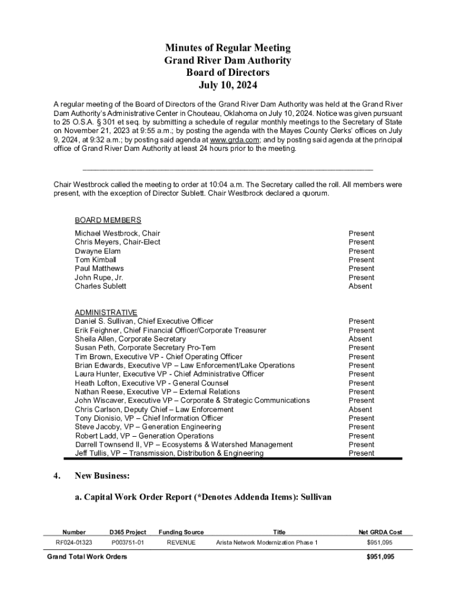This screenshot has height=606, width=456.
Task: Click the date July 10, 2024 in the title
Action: tap(228, 85)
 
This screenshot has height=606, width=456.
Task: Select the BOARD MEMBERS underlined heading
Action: tap(108, 220)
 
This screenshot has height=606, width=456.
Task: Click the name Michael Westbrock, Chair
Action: tap(117, 234)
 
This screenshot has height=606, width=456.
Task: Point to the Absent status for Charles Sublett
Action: tap(360, 286)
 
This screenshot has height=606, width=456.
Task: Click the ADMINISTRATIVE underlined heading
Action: tap(106, 312)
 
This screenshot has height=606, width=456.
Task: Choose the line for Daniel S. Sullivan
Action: tap(144, 321)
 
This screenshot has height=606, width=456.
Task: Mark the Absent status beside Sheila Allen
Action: tap(360, 339)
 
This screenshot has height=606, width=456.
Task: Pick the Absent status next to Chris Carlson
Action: tap(360, 410)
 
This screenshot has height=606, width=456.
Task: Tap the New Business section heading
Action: tap(102, 476)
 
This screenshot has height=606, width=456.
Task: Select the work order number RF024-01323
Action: tap(74, 543)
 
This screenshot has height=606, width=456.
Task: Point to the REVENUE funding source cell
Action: tap(181, 543)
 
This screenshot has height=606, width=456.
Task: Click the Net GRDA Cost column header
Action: tap(380, 533)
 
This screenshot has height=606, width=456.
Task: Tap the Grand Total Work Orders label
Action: tap(86, 557)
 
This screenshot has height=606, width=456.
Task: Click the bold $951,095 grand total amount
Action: tap(380, 557)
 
